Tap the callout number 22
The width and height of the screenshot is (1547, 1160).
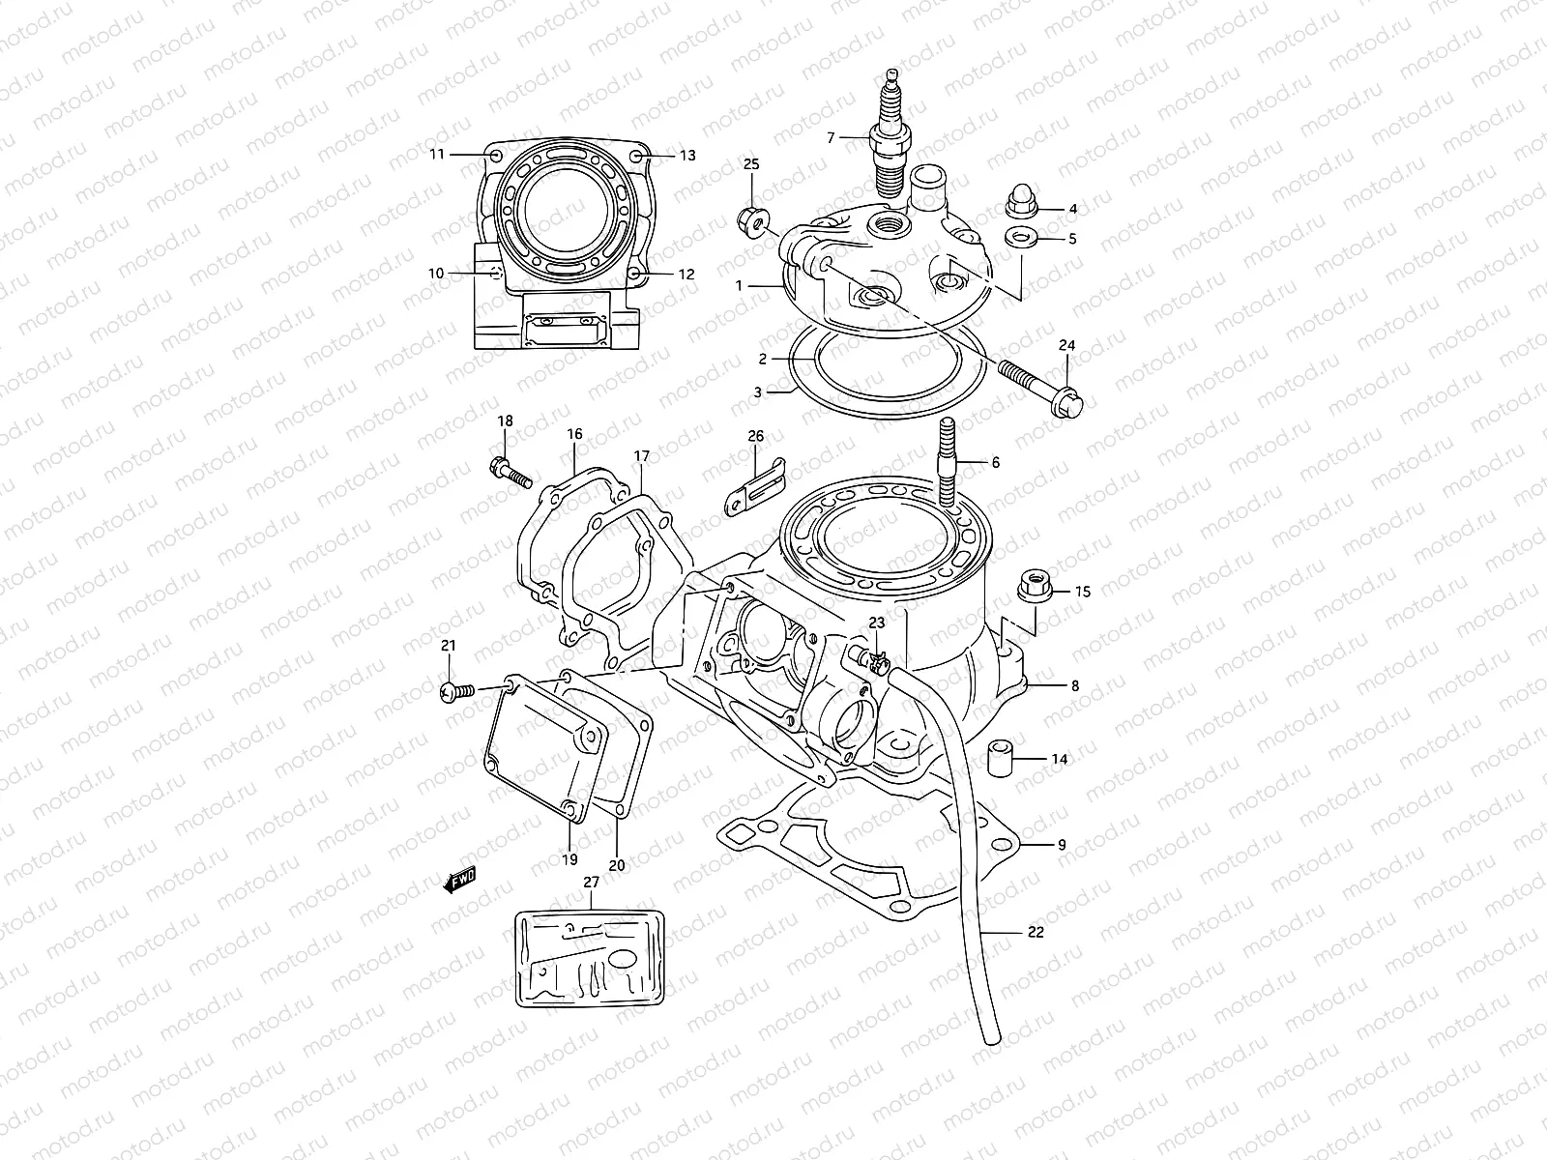click(1036, 933)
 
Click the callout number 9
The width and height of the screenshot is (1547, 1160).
click(1061, 845)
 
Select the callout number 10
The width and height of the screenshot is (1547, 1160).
click(436, 274)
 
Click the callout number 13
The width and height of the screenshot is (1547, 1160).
click(686, 155)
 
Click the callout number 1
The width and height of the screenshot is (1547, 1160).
click(738, 286)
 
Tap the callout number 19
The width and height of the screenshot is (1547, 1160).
click(569, 858)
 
